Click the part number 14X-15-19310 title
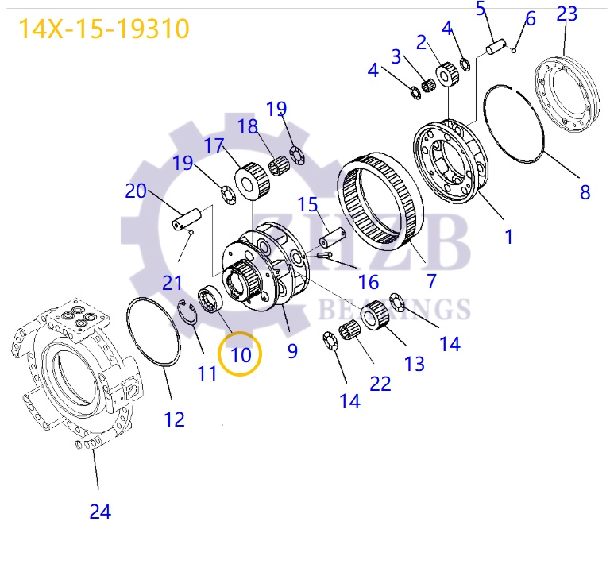pyautogui.click(x=104, y=29)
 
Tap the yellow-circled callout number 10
pyautogui.click(x=241, y=354)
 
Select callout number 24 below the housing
pyautogui.click(x=100, y=512)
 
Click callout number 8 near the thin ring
pyautogui.click(x=585, y=191)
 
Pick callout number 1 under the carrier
pyautogui.click(x=508, y=236)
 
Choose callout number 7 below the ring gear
pyautogui.click(x=431, y=280)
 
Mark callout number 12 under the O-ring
pyautogui.click(x=174, y=419)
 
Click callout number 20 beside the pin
pyautogui.click(x=136, y=191)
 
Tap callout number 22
pyautogui.click(x=380, y=384)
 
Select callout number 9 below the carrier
pyautogui.click(x=292, y=350)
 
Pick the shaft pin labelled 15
pyautogui.click(x=333, y=236)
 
